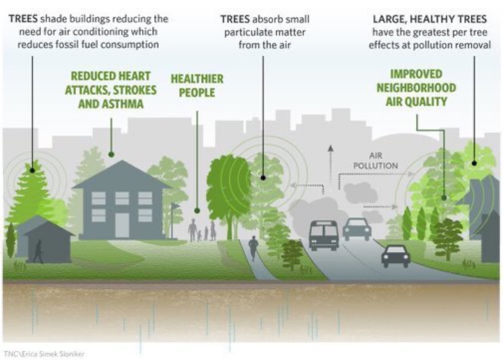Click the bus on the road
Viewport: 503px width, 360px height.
pos(324,236)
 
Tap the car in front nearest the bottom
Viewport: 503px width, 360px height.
pos(396,256)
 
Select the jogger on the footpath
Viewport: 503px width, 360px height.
pos(253,248)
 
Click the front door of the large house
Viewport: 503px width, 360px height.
pos(122,225)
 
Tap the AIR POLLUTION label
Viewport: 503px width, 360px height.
pos(375,161)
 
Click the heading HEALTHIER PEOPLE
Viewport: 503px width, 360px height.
pos(197,86)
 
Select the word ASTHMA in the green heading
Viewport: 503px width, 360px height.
pos(123,104)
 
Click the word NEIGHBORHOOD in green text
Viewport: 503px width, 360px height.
pos(416,87)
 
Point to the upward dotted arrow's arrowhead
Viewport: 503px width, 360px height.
pos(331,148)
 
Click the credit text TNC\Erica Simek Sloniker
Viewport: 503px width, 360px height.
pos(44,354)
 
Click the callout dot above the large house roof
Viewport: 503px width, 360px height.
pos(111,155)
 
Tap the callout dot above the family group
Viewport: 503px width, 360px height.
pos(197,211)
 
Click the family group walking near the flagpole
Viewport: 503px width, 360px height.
pos(202,230)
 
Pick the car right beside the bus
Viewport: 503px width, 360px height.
pos(357,229)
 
